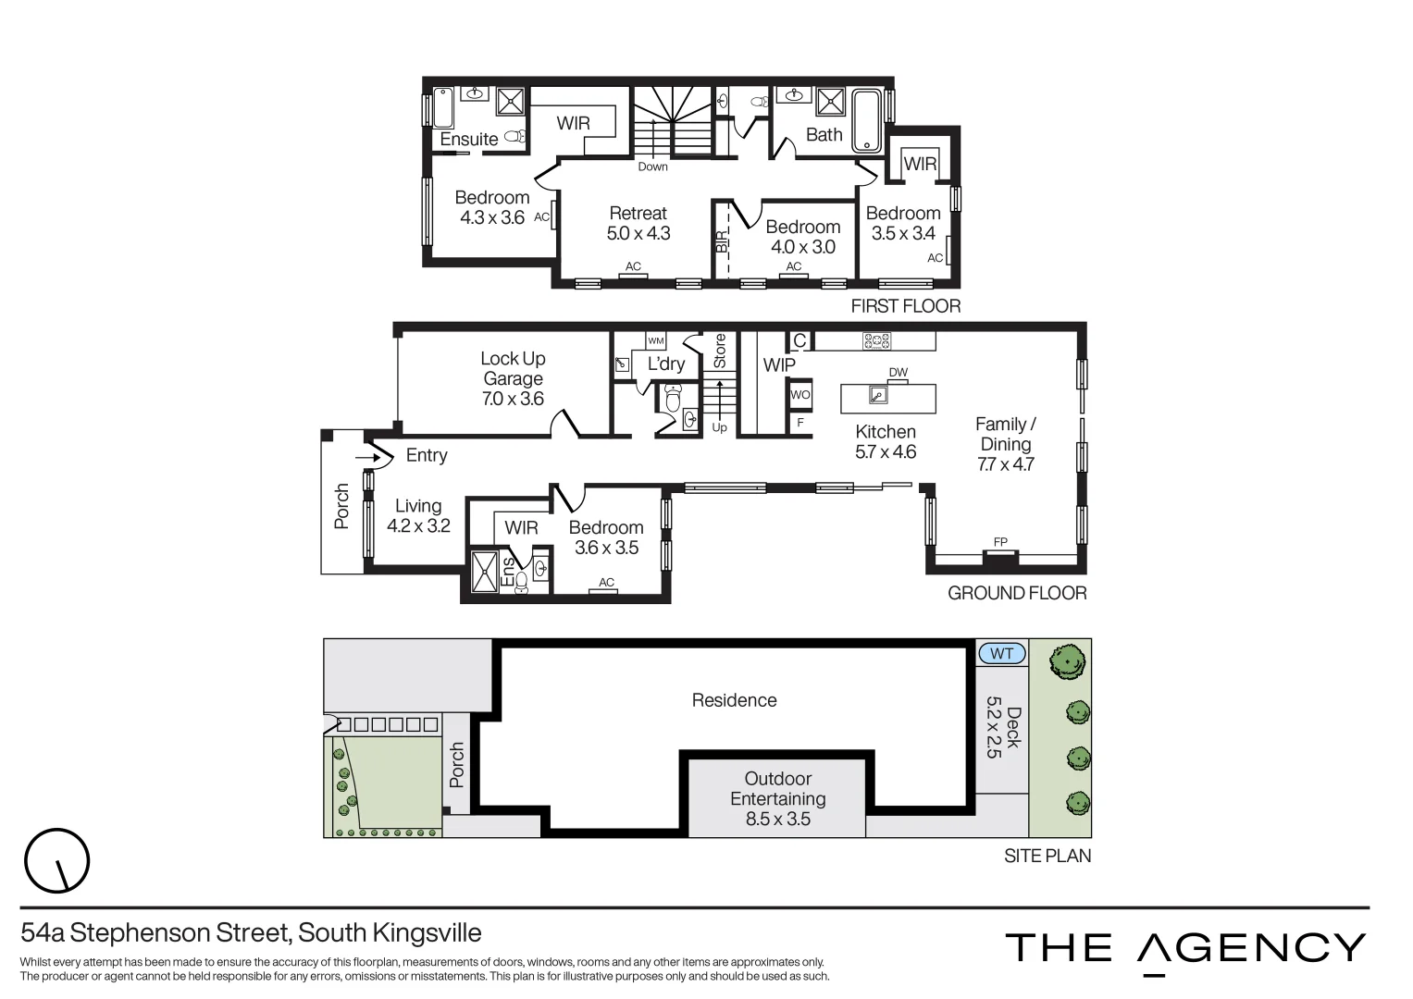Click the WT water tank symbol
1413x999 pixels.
[x=1002, y=654]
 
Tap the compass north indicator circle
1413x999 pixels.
[x=56, y=861]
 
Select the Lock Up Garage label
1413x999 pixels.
[x=513, y=378]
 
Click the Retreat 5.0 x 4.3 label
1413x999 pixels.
[x=638, y=223]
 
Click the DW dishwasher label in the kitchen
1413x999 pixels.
[x=898, y=373]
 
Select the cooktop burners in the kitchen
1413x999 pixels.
[x=876, y=340]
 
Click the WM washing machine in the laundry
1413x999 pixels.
[x=656, y=341]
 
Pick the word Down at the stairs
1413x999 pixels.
[x=652, y=166]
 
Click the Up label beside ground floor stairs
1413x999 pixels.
[x=719, y=427]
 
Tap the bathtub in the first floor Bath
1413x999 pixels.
[x=867, y=120]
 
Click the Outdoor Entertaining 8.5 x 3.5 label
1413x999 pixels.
[x=777, y=798]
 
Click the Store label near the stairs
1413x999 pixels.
[x=720, y=351]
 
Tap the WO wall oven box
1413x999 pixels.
[x=800, y=395]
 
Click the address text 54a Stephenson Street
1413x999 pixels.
[x=251, y=931]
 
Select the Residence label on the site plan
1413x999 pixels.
[x=734, y=700]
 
